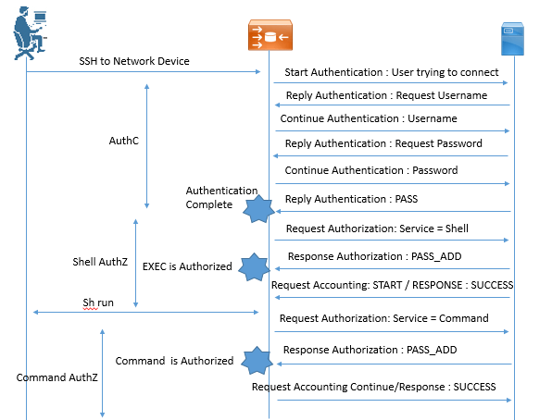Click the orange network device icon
click(270, 35)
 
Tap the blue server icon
click(512, 39)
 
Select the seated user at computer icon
click(30, 33)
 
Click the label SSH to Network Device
click(134, 61)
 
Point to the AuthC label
click(124, 141)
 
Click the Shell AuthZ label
click(100, 262)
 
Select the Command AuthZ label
click(57, 377)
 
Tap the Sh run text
click(98, 303)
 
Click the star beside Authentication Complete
click(258, 209)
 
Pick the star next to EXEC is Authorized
click(254, 267)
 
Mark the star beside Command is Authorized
click(257, 361)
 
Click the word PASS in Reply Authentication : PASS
click(407, 199)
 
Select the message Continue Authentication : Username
click(369, 118)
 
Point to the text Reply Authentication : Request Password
click(383, 143)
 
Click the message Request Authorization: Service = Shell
click(377, 229)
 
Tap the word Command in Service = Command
click(464, 318)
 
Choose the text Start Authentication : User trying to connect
click(392, 72)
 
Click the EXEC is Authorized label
click(187, 266)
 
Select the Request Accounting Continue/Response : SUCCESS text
click(374, 387)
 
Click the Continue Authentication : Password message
click(371, 170)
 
